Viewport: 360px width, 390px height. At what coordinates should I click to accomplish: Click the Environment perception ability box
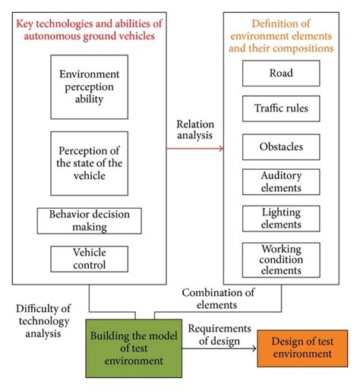(89, 86)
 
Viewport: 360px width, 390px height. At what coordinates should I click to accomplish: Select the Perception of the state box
(89, 163)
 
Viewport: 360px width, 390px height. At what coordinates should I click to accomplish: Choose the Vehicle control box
(89, 259)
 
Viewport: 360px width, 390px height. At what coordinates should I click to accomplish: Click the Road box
(281, 74)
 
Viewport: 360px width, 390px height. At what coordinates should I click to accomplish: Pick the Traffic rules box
(281, 109)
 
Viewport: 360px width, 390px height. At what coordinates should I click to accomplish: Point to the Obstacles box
(281, 146)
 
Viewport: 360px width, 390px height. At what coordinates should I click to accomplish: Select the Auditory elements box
(281, 181)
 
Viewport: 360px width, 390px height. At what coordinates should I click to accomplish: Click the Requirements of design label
(219, 335)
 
